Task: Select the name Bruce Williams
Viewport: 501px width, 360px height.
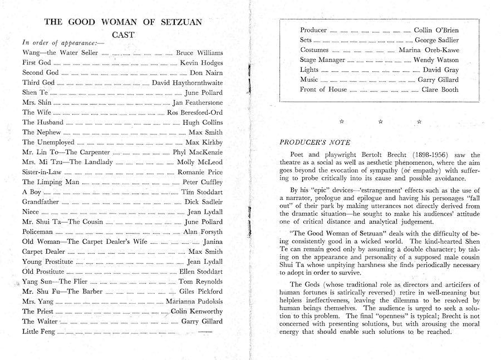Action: tap(199, 53)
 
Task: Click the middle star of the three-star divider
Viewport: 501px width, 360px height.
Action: tap(380, 121)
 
